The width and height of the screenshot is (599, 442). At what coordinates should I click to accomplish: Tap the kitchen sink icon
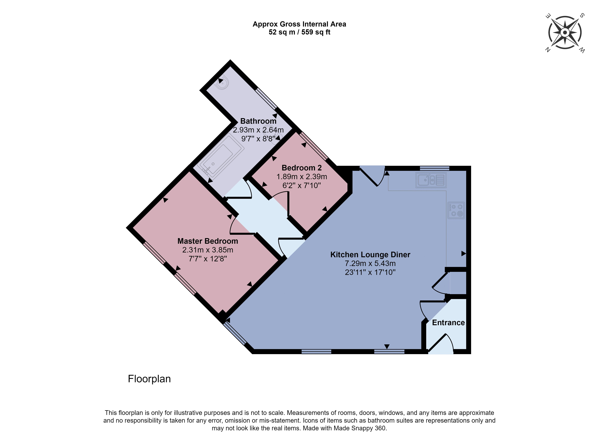[x=431, y=180]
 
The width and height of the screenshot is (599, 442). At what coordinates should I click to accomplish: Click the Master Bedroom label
[x=208, y=241]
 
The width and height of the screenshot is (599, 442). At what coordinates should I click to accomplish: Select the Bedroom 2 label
[x=302, y=168]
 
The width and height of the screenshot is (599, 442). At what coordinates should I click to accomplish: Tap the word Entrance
[x=448, y=323]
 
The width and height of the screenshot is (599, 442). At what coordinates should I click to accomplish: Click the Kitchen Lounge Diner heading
[x=370, y=254]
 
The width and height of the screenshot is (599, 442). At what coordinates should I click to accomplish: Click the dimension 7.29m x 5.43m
[x=370, y=263]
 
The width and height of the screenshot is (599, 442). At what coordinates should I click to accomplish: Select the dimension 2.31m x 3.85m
[x=208, y=250]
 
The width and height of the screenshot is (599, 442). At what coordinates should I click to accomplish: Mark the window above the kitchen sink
[x=434, y=168]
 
